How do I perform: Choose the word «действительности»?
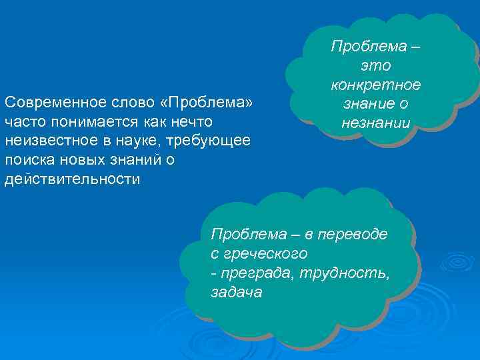72,181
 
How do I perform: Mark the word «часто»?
23,123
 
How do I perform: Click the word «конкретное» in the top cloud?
376,85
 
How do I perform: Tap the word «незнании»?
376,123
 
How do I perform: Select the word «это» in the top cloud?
376,66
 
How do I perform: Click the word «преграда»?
257,273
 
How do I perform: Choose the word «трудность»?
345,273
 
